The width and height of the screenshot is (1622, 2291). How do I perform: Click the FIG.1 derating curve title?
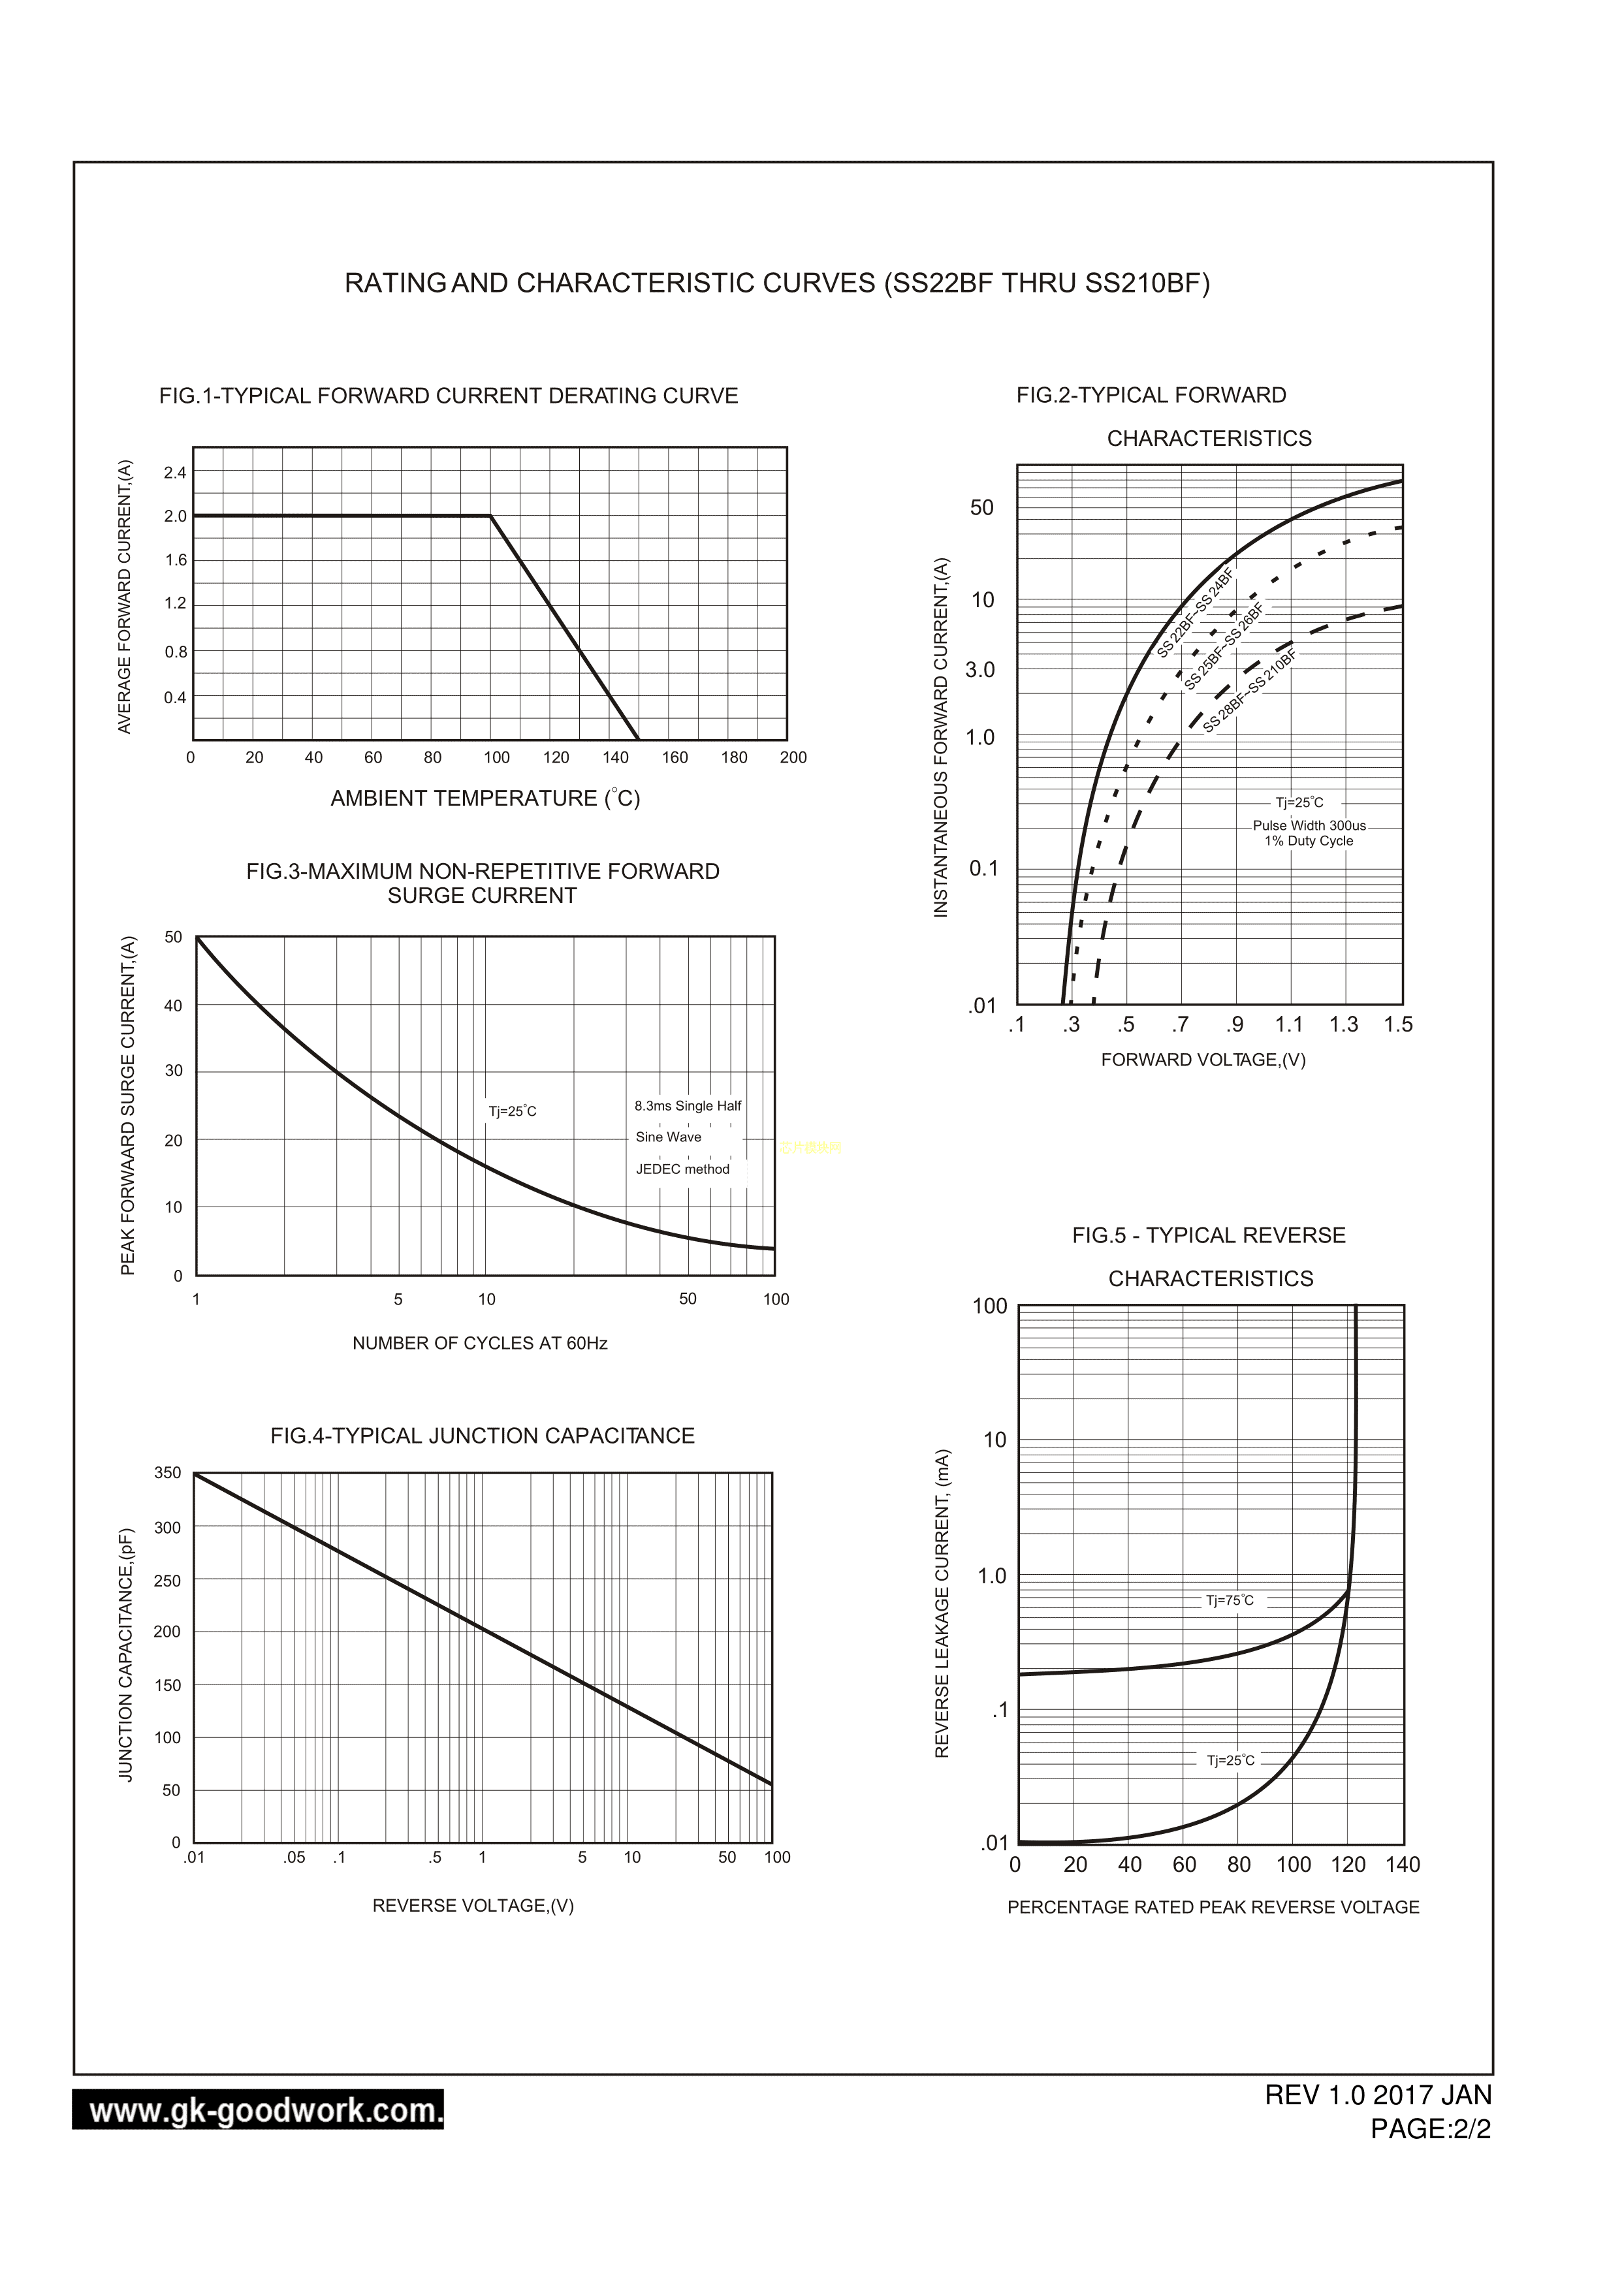[449, 396]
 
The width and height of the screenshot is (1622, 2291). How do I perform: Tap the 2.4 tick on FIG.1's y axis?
[175, 473]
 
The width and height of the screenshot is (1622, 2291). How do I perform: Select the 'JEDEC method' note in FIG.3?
[682, 1169]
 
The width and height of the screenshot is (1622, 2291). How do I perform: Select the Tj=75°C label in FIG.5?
[1230, 1601]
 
